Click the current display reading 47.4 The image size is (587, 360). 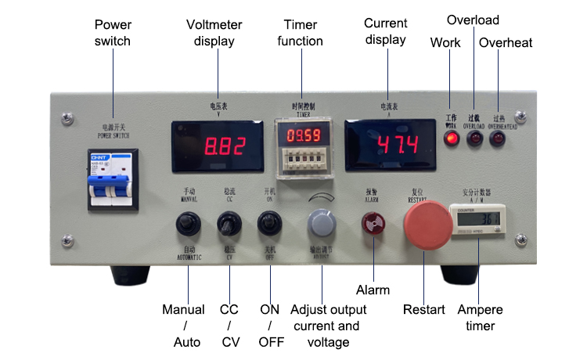[x=387, y=146]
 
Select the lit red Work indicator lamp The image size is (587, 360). [x=451, y=139]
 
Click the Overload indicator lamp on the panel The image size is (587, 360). [x=474, y=139]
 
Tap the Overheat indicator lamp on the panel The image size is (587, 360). [x=497, y=139]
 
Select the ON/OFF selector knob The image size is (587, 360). [x=269, y=225]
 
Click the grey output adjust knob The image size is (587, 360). [x=321, y=224]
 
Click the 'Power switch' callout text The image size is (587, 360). [x=112, y=33]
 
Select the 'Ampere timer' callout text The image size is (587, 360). [x=481, y=318]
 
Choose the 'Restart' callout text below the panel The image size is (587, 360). [x=424, y=310]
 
